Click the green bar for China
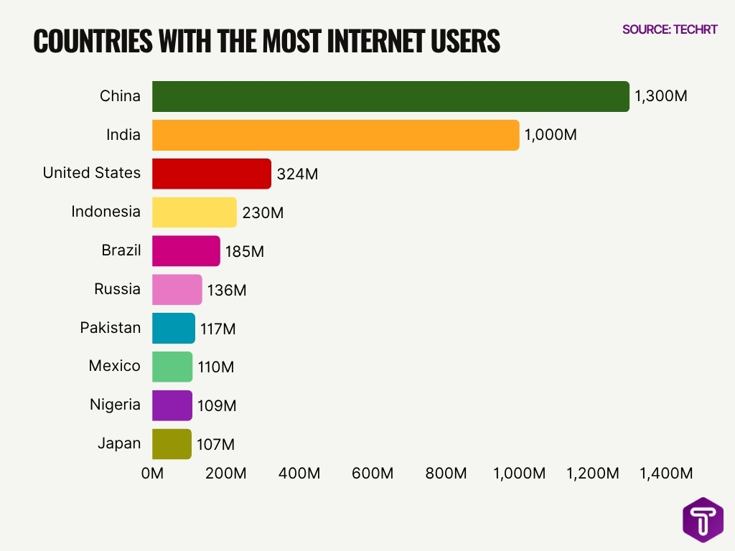(x=390, y=96)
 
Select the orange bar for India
(x=335, y=135)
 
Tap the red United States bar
(x=212, y=174)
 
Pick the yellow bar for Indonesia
(x=195, y=212)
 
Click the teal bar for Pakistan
(x=174, y=328)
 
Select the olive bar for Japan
(x=172, y=443)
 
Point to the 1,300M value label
(x=660, y=96)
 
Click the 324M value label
(x=297, y=174)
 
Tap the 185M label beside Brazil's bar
(x=245, y=252)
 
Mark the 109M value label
(x=217, y=406)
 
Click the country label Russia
(x=117, y=289)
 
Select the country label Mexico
(x=114, y=366)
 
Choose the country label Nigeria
(x=115, y=405)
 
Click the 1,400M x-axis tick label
(x=666, y=474)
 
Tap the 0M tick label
(x=152, y=474)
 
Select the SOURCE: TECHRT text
(x=669, y=29)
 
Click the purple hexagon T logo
(x=703, y=519)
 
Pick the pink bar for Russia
(x=177, y=289)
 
